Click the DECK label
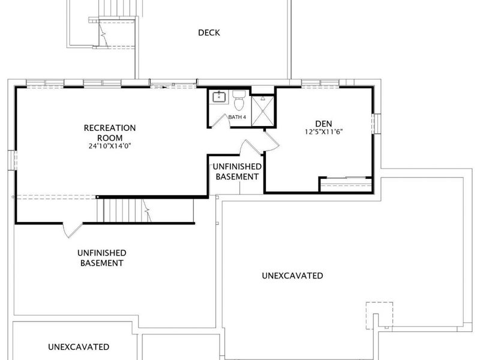209,33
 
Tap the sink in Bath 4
219,97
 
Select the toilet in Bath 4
239,100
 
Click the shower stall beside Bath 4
263,110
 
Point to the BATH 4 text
237,117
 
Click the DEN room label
323,124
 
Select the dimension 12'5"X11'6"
323,132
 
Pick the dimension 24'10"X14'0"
110,146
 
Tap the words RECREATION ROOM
110,133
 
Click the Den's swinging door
271,141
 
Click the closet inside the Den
346,185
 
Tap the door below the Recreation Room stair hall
73,230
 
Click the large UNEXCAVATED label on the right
292,275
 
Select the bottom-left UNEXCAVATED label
79,347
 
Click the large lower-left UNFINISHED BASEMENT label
101,258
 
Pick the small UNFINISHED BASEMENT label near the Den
237,172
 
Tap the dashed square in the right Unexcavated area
380,316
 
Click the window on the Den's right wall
377,124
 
